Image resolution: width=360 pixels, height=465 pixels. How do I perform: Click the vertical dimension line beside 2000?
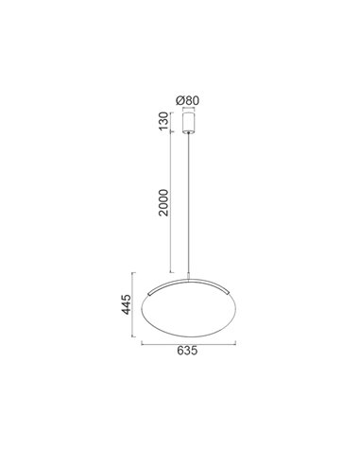pos(169,203)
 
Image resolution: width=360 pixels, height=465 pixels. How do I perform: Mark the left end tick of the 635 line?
pos(142,344)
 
